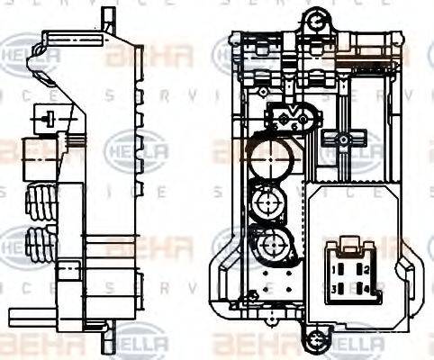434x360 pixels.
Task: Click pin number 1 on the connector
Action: (334, 269)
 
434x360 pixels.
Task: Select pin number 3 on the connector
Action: (334, 288)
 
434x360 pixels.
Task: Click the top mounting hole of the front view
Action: (315, 18)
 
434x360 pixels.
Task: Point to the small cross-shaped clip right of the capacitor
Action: (341, 139)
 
